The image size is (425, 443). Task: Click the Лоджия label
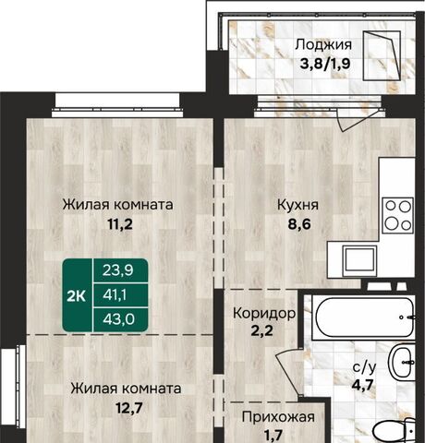(323, 45)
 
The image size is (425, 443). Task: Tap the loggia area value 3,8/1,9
(325, 65)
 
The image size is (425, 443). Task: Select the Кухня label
(298, 205)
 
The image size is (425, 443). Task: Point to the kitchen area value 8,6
(299, 224)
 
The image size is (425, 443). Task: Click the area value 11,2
(120, 224)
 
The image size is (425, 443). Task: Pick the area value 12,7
(128, 408)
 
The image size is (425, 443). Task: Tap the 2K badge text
(76, 296)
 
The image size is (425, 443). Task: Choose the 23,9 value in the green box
(118, 270)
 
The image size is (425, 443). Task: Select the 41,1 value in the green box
(115, 295)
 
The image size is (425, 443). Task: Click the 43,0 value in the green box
(119, 319)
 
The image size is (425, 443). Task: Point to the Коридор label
(264, 313)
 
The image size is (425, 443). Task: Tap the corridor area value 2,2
(261, 331)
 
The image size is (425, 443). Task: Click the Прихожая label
(278, 417)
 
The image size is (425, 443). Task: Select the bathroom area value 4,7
(363, 384)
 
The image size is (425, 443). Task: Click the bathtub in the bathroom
(363, 317)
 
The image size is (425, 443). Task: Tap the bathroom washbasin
(402, 362)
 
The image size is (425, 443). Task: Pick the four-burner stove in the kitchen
(398, 215)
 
